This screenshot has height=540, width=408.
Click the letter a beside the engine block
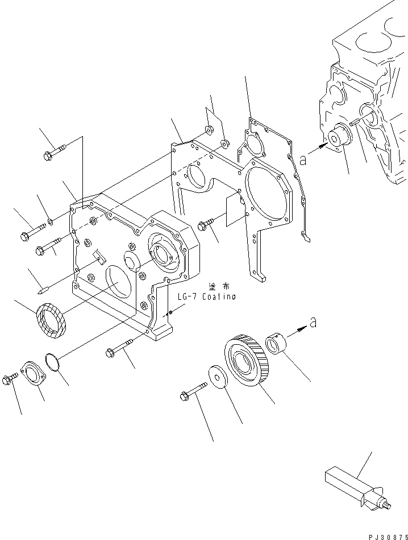[x=303, y=160]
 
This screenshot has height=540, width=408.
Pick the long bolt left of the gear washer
[x=193, y=392]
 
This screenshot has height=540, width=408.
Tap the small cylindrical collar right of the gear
[x=278, y=344]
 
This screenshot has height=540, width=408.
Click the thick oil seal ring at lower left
[x=52, y=321]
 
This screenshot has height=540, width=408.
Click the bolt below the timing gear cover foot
[x=119, y=348]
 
